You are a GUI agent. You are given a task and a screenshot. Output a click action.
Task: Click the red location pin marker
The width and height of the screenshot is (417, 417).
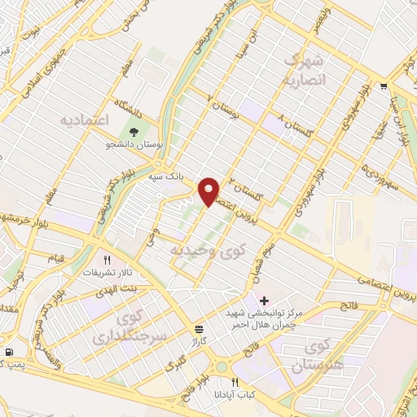[x=209, y=191]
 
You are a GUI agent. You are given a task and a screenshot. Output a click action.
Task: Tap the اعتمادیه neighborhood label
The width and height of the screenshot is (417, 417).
[x=85, y=121]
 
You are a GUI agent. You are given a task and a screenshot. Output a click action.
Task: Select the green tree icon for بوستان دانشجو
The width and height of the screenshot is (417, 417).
[x=134, y=131]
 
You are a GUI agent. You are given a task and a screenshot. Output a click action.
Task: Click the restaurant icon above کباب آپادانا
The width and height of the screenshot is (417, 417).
[x=235, y=381]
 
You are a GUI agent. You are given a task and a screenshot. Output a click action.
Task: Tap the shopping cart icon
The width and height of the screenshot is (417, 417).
[x=383, y=85]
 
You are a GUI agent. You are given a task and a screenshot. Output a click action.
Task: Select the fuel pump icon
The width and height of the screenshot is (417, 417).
[x=9, y=352]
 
